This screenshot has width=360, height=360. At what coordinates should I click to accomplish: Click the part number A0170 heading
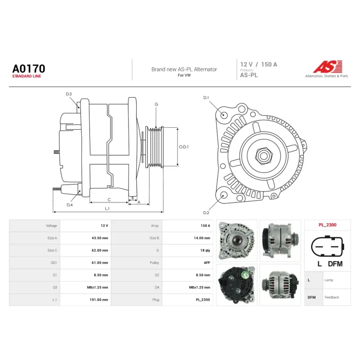[x=29, y=69]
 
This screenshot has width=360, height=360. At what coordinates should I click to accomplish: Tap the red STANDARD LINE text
[x=27, y=76]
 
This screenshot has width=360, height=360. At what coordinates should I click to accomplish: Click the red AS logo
[x=328, y=67]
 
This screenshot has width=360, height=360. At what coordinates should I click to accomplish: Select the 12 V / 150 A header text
[x=259, y=64]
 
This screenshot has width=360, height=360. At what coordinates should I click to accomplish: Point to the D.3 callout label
[x=69, y=94]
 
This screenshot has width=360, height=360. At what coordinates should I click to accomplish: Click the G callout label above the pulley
[x=156, y=104]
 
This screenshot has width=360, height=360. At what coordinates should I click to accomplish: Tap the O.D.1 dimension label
[x=184, y=147]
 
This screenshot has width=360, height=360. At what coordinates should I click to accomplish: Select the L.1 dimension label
[x=107, y=208]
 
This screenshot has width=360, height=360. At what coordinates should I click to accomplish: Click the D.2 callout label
[x=206, y=213]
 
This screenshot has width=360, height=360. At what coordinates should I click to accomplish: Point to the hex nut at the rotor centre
[x=264, y=156]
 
